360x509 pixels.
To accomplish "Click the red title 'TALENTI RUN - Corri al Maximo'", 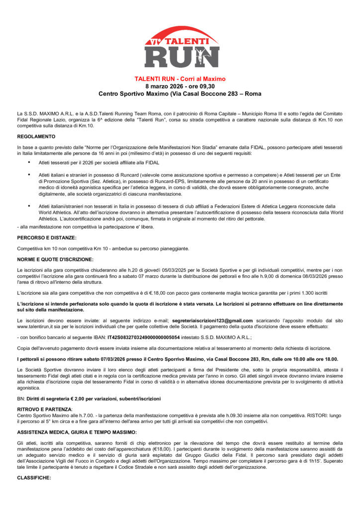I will [180, 79].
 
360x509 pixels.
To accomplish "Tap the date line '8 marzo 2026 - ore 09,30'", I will [180, 86].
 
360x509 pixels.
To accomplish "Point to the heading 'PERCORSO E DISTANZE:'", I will [47, 238].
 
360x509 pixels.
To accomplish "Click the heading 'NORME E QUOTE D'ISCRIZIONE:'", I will [55, 259].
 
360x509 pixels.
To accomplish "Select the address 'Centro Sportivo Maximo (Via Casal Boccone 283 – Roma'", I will [180, 93].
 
